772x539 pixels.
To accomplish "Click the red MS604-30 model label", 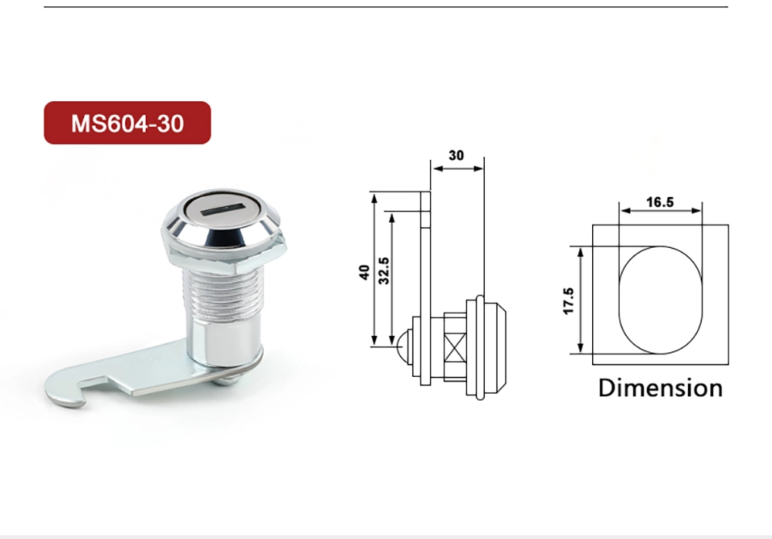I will click(x=127, y=123).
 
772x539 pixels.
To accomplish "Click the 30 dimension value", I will click(x=456, y=155).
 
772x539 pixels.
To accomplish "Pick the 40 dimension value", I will click(x=364, y=271).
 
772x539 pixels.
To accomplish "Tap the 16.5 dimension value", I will click(x=660, y=202).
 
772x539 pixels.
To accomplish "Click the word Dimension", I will click(x=660, y=387).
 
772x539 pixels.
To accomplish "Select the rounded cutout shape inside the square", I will click(x=660, y=300).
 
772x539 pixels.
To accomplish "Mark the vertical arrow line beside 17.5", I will click(x=579, y=300).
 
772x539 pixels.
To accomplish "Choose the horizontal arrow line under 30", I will click(x=457, y=168).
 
